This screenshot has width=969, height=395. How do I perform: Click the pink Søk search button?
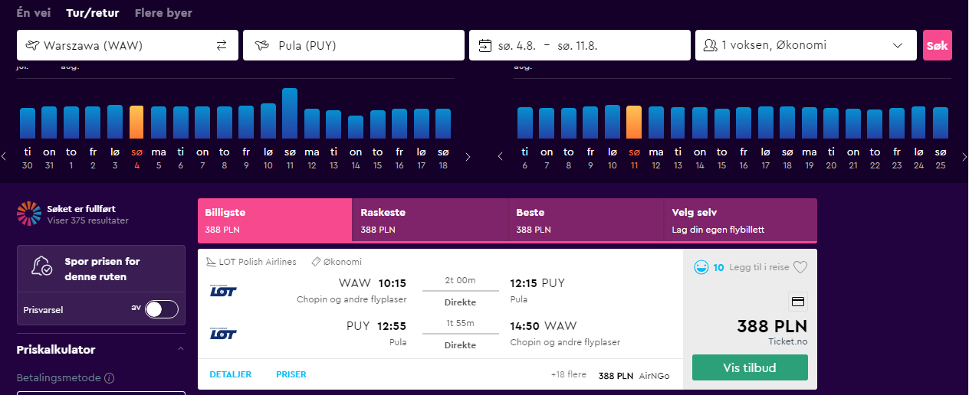point(937,45)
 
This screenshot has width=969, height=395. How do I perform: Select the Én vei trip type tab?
point(33,13)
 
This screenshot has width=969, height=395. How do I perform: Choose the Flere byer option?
point(163,13)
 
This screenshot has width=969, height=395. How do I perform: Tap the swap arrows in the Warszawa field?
point(222,45)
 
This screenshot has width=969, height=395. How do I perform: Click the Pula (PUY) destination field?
point(353,45)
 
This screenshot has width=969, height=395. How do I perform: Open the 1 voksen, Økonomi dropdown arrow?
point(898,45)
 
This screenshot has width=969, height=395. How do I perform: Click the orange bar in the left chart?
point(136,122)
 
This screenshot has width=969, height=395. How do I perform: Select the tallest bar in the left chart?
point(290,113)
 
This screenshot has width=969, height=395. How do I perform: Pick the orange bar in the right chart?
point(634,122)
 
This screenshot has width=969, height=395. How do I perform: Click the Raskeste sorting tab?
point(430,220)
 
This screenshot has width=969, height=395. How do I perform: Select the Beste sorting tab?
point(586,220)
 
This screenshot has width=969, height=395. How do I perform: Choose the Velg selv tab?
point(740,220)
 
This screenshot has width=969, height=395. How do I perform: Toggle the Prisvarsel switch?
point(161,309)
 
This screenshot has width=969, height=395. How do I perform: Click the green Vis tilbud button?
point(750,367)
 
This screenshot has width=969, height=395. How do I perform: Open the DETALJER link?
point(230,374)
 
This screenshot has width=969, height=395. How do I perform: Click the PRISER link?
point(291,374)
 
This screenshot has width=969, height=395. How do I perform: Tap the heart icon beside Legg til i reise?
point(800,267)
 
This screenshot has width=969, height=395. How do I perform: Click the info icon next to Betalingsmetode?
point(110,378)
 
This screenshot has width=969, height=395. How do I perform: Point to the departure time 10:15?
point(393,283)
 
